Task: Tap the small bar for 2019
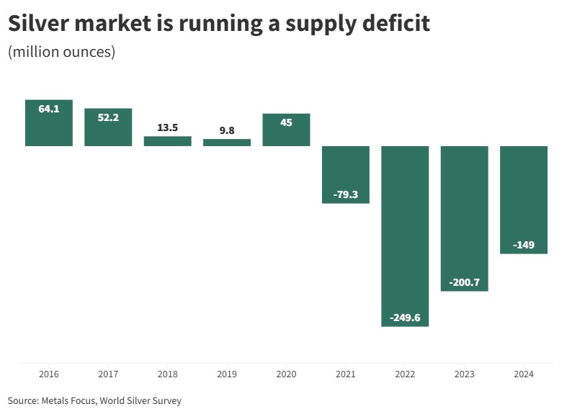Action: [x=227, y=143]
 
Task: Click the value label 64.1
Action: [x=49, y=109]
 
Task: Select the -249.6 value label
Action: [x=405, y=318]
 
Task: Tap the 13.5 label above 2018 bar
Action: [x=168, y=127]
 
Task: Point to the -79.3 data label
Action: [x=346, y=194]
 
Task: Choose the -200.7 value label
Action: [x=464, y=282]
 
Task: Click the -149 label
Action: [x=524, y=245]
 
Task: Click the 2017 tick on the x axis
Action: [x=108, y=374]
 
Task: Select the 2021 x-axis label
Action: [x=346, y=374]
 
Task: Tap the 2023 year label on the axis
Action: [x=464, y=374]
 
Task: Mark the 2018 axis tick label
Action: [x=168, y=374]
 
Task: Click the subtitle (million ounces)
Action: [x=61, y=53]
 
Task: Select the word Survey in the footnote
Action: [x=165, y=400]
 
